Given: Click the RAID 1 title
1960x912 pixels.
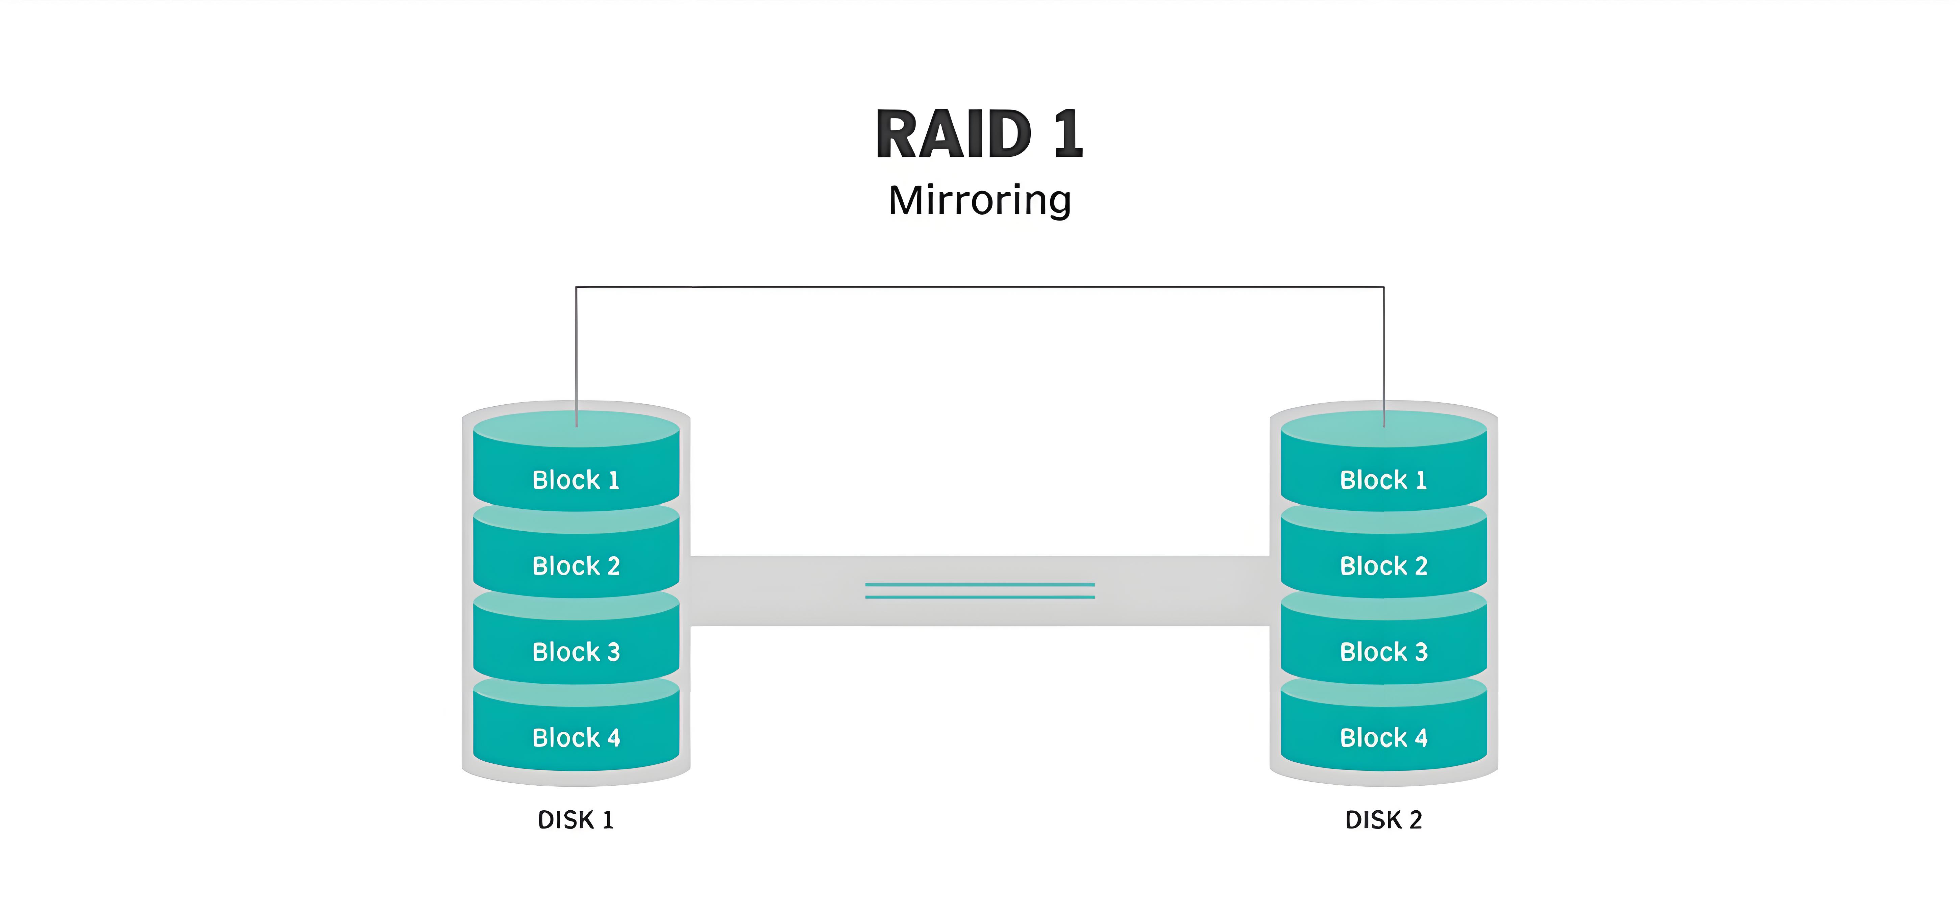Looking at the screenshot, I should click(979, 135).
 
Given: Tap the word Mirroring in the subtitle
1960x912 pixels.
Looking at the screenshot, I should click(979, 201).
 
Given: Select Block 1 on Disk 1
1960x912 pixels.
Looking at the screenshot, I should click(576, 480).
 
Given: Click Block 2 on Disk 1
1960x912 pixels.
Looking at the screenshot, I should click(576, 566).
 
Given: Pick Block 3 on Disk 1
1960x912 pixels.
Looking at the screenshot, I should click(576, 652).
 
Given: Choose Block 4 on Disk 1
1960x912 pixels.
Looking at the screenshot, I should click(576, 738).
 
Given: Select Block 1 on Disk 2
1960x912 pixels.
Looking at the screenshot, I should click(1383, 480).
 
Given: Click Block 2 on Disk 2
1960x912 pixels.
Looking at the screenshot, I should click(1383, 566).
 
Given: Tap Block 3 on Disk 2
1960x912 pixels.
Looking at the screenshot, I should click(1383, 652).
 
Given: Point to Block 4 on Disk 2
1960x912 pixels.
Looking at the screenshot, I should click(1383, 738).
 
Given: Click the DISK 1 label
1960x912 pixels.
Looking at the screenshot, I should click(575, 820).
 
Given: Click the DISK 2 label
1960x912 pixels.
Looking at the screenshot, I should click(1383, 820).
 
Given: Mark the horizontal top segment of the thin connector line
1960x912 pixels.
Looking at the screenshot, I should click(979, 287).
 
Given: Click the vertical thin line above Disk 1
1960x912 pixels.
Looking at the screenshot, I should click(576, 350).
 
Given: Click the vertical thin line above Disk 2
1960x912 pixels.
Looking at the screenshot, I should click(1383, 350).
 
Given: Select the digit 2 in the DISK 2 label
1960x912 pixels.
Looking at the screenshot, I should click(1415, 820).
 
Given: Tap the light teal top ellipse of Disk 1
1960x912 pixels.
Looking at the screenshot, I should click(533, 430).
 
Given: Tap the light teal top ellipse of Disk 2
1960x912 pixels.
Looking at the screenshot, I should click(1339, 430).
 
